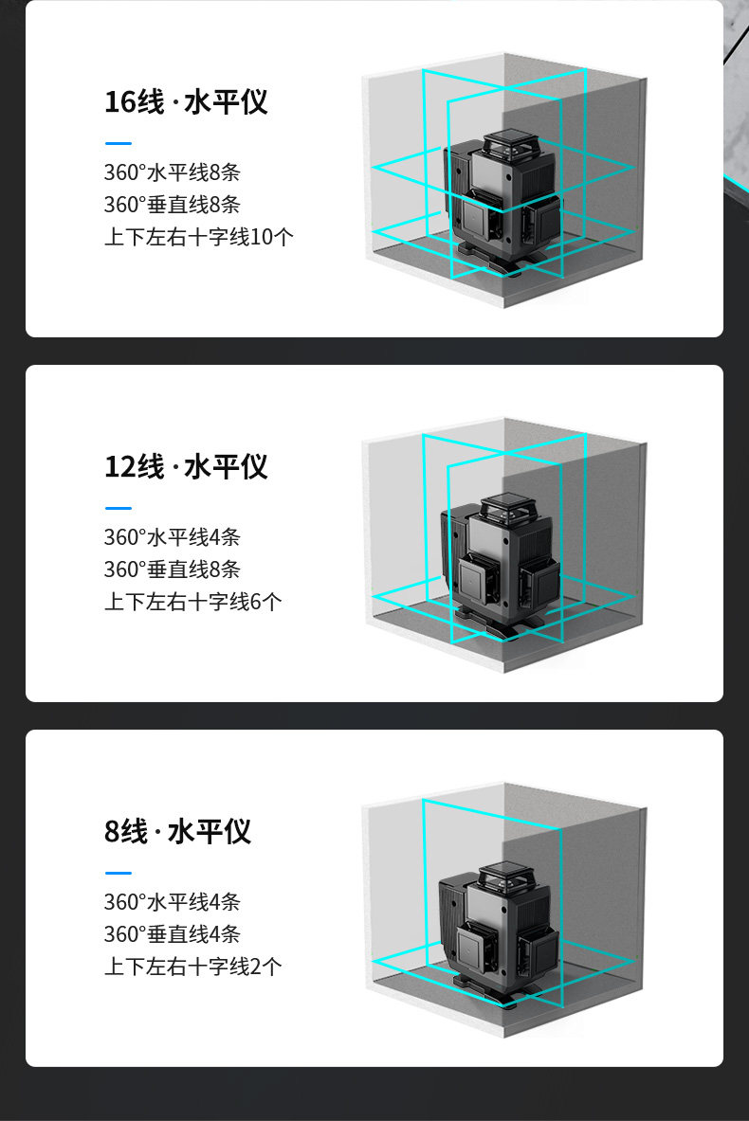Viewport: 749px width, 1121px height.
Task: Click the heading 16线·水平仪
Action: pos(186,102)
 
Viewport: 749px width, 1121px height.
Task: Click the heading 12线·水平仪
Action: pos(186,467)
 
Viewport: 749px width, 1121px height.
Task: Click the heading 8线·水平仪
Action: pos(177,831)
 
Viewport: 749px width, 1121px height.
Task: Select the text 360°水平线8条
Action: pos(173,172)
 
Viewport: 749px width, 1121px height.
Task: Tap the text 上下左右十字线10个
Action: pos(199,237)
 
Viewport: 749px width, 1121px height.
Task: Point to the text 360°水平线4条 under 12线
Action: pos(173,537)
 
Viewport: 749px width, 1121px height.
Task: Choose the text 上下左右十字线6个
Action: pos(193,602)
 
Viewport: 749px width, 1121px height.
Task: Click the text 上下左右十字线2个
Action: pos(193,966)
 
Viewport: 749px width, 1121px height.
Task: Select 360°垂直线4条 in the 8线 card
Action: pos(173,933)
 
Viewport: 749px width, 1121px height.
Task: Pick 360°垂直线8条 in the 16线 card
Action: pos(173,205)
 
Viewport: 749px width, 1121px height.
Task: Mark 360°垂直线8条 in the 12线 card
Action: pos(173,570)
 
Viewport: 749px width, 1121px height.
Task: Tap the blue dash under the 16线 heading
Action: pos(118,144)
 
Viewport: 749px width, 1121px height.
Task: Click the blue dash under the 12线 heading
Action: pos(118,508)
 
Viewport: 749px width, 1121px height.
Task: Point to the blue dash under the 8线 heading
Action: pos(118,873)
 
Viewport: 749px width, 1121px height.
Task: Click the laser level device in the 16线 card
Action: pos(502,202)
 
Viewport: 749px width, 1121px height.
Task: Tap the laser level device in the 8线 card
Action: pos(499,931)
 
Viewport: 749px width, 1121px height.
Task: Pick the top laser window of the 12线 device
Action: pos(507,507)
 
